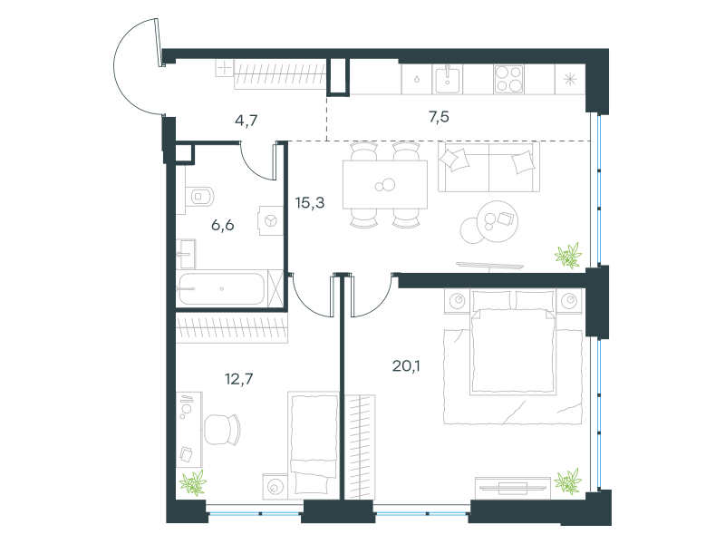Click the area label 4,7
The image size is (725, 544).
coord(246,121)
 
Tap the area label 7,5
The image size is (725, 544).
coord(439,117)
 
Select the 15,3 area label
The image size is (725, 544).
coord(310,202)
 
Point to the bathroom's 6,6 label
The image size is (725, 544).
coord(222,225)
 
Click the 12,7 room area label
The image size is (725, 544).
coord(238,379)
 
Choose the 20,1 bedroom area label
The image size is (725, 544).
coord(406,366)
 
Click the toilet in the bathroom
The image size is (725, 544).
coord(199,197)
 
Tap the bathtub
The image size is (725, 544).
coord(221,288)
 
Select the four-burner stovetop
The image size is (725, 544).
coord(508,79)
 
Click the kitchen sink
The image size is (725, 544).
coord(447,80)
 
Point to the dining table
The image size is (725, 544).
coord(384,185)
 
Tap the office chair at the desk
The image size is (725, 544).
coord(222,429)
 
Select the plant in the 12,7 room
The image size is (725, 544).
coord(193,482)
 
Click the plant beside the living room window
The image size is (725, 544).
coord(568,255)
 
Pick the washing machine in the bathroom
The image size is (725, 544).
coord(270,220)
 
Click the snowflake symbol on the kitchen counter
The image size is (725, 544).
coord(570,79)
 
